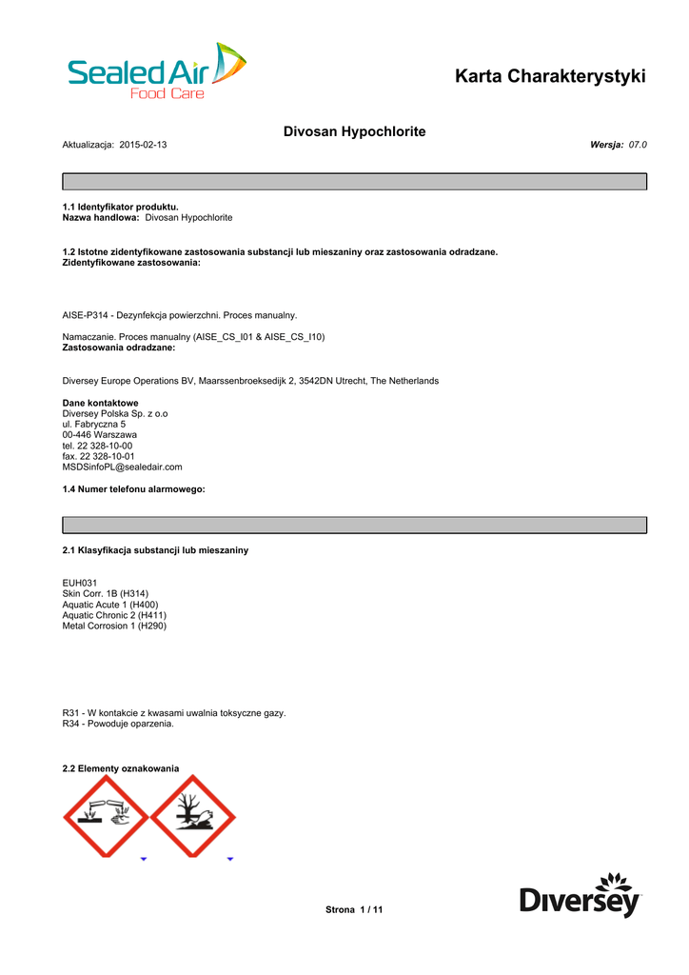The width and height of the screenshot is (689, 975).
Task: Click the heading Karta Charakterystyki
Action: [550, 76]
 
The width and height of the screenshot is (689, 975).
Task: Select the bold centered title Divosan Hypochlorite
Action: [354, 130]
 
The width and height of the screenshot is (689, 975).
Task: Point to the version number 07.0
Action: [638, 145]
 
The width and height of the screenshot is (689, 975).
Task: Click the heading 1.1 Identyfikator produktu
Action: [120, 207]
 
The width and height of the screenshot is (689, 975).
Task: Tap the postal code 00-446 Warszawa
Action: [99, 435]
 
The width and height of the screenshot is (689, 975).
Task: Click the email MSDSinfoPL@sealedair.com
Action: [122, 468]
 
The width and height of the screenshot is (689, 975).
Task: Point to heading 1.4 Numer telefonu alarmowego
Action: [133, 489]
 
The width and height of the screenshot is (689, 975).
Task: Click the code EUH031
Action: [80, 582]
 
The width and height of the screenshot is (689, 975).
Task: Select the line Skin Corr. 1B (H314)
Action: [105, 593]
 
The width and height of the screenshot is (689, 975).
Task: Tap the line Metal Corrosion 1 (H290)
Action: [114, 626]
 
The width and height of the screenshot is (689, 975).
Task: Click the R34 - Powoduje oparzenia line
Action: [118, 724]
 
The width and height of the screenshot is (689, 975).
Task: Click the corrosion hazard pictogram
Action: [106, 816]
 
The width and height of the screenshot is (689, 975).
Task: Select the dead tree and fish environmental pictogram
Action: [193, 816]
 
